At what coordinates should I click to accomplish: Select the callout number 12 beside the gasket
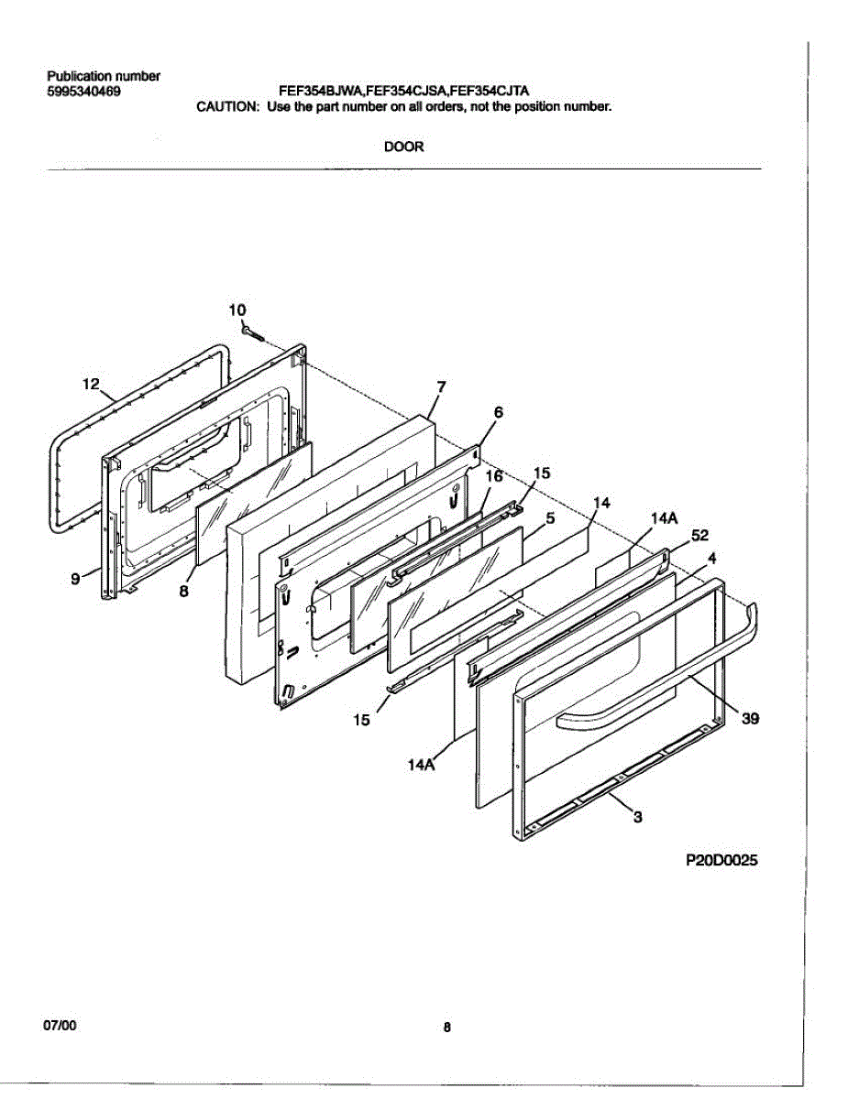point(90,385)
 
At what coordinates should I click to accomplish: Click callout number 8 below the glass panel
point(183,592)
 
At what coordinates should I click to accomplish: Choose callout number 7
point(441,386)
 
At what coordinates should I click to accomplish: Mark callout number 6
point(498,412)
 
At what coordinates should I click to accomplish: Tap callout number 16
point(494,476)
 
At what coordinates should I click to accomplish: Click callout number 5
point(550,518)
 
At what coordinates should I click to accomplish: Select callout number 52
point(699,535)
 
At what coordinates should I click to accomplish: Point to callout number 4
point(711,557)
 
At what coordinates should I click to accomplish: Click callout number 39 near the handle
point(750,720)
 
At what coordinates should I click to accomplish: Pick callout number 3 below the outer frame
point(638,819)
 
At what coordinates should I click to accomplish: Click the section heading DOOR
point(403,146)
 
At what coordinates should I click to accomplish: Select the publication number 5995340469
point(83,91)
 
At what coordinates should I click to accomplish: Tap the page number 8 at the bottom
point(446,1028)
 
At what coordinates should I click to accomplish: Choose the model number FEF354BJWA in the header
point(320,91)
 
